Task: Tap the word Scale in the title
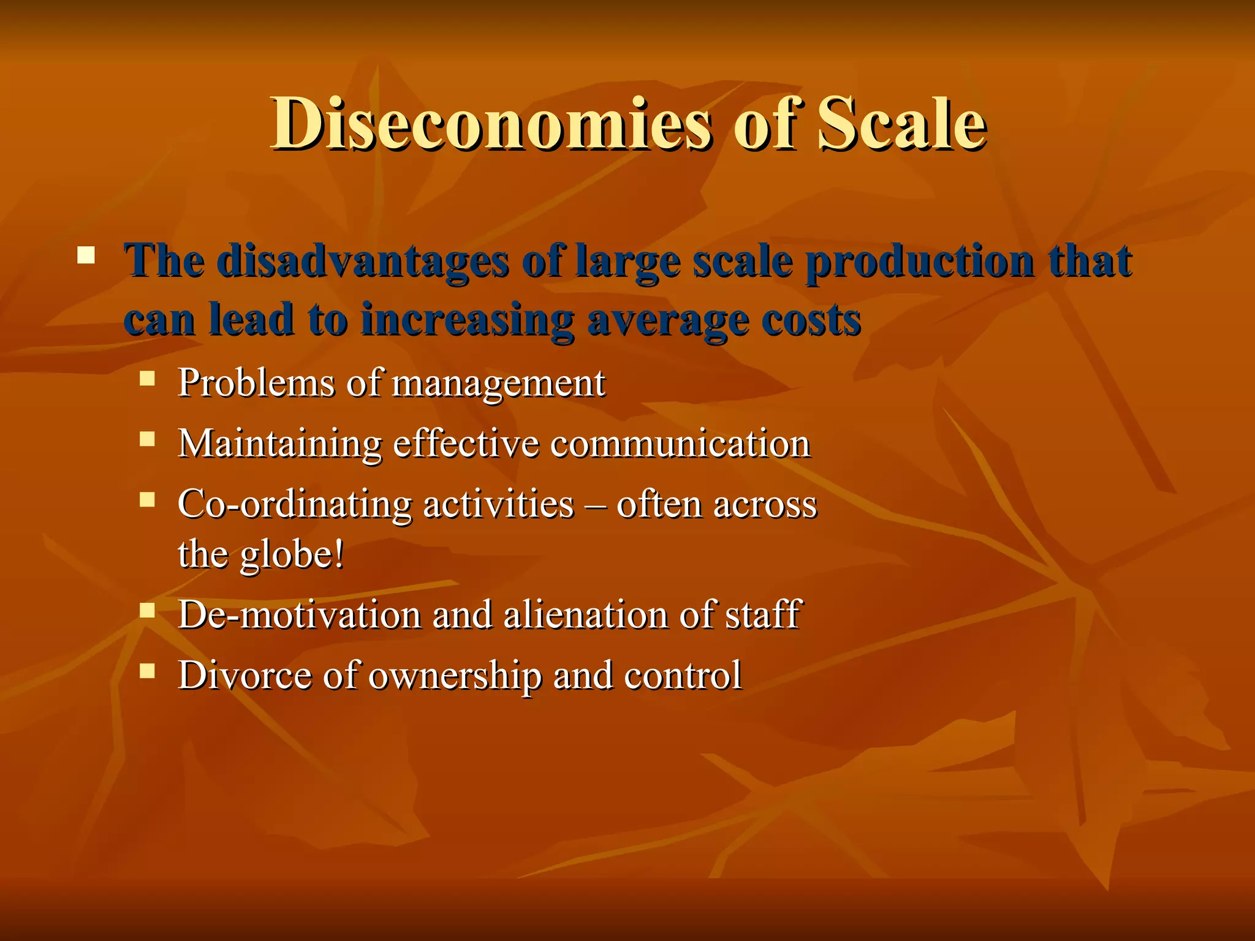(901, 124)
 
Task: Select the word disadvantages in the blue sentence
(362, 262)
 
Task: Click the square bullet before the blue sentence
(86, 255)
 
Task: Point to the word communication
(680, 444)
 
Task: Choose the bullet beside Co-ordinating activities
(147, 499)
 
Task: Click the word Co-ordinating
(295, 505)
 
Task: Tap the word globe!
(292, 555)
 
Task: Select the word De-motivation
(300, 614)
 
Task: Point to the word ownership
(455, 676)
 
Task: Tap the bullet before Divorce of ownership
(147, 671)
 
